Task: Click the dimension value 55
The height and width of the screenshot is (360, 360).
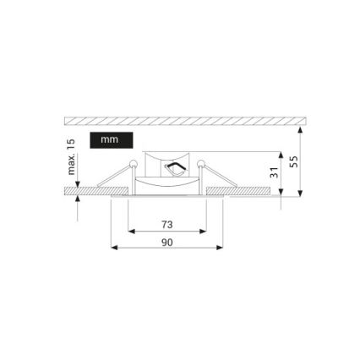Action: click(293, 161)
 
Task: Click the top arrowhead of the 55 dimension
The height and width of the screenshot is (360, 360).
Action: click(302, 125)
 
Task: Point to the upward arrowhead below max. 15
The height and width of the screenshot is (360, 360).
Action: click(78, 199)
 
